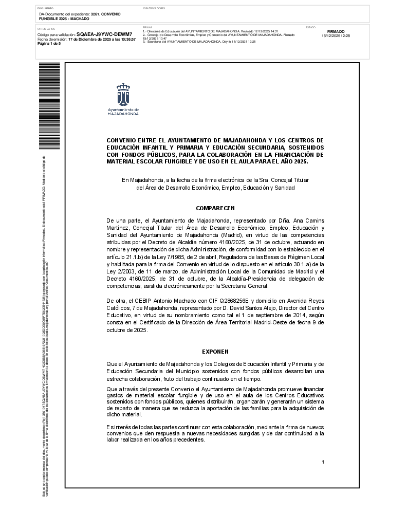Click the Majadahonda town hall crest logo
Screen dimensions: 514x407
coord(123,94)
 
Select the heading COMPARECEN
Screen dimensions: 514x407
coord(215,208)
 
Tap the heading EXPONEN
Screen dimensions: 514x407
coord(215,352)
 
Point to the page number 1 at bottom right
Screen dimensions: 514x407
coord(323,462)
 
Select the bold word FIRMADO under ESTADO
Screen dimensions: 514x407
coord(336,32)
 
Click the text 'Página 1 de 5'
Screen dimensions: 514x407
coord(49,44)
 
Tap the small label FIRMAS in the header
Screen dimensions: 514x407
coord(147,27)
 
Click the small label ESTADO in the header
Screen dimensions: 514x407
coord(310,27)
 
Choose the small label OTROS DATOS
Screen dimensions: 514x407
coord(46,29)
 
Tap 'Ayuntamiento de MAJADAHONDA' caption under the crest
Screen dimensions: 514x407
coord(123,112)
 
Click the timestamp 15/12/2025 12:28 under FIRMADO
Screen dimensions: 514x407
coord(336,36)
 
